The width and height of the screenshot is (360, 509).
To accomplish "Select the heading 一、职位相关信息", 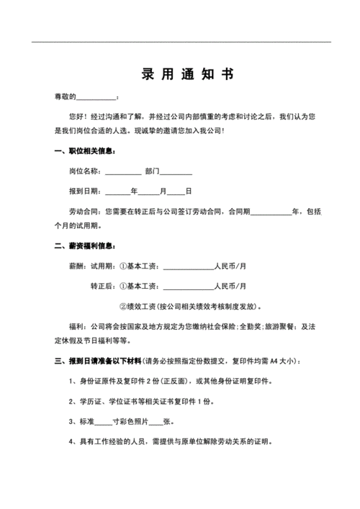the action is coord(84,151).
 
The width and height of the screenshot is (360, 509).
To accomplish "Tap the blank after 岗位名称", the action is coord(123,173).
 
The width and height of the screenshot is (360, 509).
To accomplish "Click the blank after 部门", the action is coord(176,173).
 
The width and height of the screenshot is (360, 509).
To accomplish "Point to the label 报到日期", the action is coord(85,192).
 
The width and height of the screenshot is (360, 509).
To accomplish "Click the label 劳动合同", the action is coord(85,212).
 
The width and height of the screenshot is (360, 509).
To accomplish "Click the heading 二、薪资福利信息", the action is coord(84,246).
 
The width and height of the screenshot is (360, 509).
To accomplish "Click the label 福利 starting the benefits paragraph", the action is coord(76,325).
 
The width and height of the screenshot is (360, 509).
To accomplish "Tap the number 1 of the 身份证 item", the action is coord(71,380).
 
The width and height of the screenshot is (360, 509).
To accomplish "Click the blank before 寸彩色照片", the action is coord(103,423).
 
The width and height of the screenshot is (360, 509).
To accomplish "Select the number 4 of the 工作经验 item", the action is coord(71,441).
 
